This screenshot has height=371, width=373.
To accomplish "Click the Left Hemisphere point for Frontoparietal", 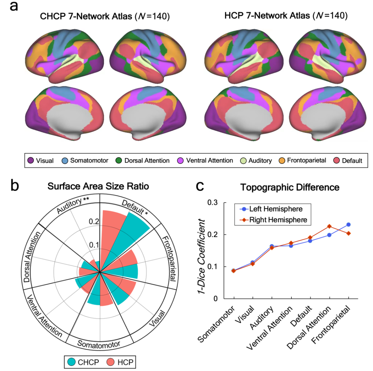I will pyautogui.click(x=348, y=225).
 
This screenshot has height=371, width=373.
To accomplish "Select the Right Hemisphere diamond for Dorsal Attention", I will pyautogui.click(x=329, y=226).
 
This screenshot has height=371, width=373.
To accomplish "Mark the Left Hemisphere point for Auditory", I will pyautogui.click(x=272, y=246).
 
